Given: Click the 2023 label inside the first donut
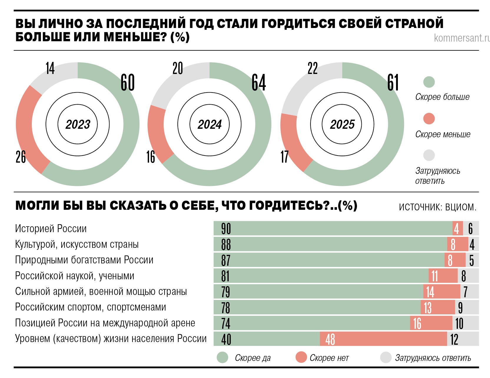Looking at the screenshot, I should pyautogui.click(x=78, y=124).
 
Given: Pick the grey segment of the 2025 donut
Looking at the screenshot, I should pyautogui.click(x=306, y=85).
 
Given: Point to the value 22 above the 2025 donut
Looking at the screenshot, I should pyautogui.click(x=313, y=68).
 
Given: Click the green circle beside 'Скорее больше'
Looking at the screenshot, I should pyautogui.click(x=429, y=82).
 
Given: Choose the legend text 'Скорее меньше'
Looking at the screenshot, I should pyautogui.click(x=443, y=134).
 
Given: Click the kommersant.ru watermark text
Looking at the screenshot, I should pyautogui.click(x=461, y=38).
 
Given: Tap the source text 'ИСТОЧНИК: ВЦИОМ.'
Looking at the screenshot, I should pyautogui.click(x=437, y=207).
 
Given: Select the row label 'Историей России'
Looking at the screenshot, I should pyautogui.click(x=51, y=229).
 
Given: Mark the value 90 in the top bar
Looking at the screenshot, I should pyautogui.click(x=226, y=229).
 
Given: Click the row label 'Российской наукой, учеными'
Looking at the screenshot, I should pyautogui.click(x=74, y=276).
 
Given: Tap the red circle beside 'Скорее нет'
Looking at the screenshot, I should pyautogui.click(x=301, y=357).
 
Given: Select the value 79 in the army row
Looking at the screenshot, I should pyautogui.click(x=226, y=292).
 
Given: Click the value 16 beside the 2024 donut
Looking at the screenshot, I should pyautogui.click(x=150, y=157).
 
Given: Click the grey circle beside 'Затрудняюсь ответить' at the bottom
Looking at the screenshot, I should pyautogui.click(x=386, y=357).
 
